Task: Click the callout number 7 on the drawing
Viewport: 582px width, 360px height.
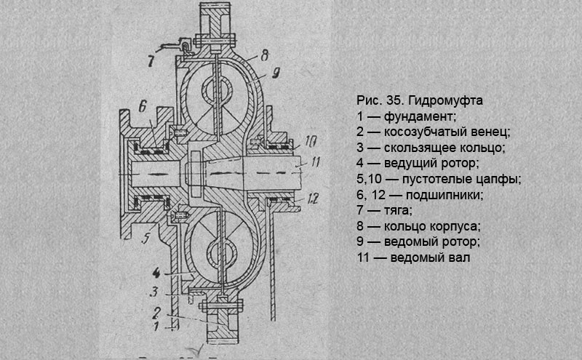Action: [x=151, y=60]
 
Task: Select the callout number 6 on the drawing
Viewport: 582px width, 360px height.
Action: [x=144, y=105]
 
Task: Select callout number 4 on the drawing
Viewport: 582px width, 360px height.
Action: [x=156, y=273]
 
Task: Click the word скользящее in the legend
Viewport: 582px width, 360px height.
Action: [x=420, y=148]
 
